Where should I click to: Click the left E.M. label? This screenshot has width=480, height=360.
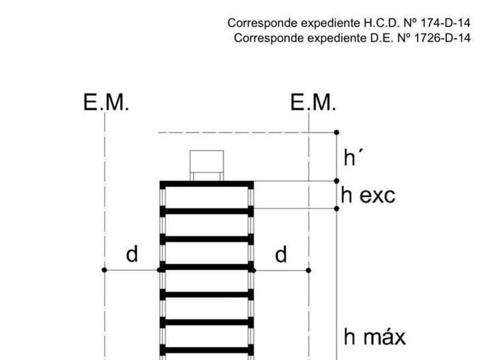click(107, 103)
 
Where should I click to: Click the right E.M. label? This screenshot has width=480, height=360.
click(313, 103)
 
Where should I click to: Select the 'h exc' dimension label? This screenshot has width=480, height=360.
click(368, 195)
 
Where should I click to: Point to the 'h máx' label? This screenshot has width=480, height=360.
click(374, 337)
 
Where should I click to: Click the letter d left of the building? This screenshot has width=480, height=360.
click(132, 254)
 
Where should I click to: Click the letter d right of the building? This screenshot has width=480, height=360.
click(281, 254)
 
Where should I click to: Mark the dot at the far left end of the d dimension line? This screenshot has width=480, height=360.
click(104, 270)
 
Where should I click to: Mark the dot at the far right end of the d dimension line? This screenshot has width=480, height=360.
click(309, 270)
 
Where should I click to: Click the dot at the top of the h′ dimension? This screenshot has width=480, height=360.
click(337, 133)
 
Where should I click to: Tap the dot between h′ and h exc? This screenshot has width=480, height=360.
click(337, 181)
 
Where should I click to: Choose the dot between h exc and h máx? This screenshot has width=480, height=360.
click(337, 209)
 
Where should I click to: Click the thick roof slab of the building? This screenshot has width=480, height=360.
click(206, 183)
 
